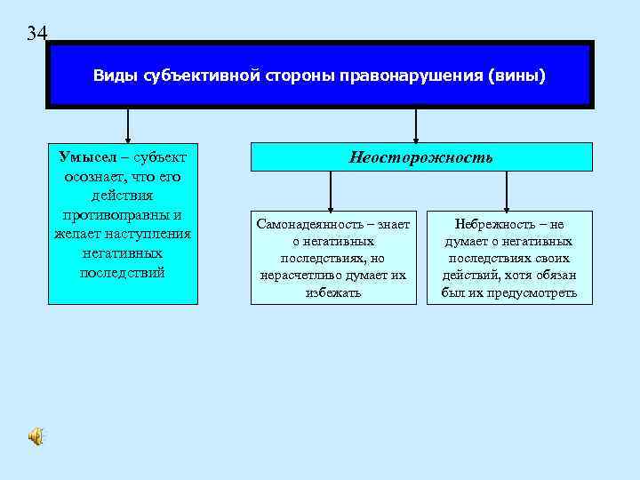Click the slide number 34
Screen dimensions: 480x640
point(36,34)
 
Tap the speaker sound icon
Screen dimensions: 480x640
point(35,436)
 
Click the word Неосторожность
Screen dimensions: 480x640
point(420,157)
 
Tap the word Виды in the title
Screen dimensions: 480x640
point(112,76)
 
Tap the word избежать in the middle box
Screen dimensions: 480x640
point(332,292)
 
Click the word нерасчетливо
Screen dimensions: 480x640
point(300,276)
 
